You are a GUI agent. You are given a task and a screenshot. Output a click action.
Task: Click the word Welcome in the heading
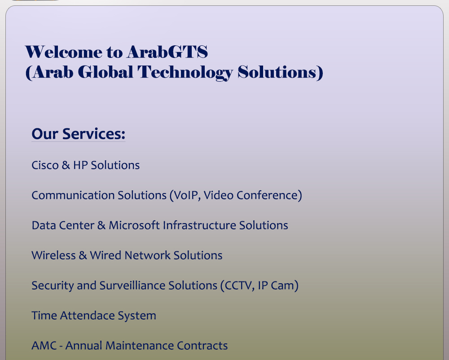tap(64, 52)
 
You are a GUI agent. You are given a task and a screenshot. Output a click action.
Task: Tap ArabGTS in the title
tap(167, 52)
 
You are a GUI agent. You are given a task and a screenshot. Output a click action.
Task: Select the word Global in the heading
tap(106, 72)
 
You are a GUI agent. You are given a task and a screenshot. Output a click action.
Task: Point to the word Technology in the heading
tap(185, 73)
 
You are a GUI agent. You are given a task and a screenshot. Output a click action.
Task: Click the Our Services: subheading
tap(79, 134)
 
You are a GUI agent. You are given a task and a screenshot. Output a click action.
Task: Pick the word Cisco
tap(45, 165)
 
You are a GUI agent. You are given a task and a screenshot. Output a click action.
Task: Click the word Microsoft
tap(134, 225)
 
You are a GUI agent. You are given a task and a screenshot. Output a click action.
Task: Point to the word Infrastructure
tap(200, 225)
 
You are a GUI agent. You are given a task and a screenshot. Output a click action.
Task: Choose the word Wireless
tap(53, 255)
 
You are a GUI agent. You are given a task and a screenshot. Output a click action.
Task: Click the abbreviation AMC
tap(44, 345)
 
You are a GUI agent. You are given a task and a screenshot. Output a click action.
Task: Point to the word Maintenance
tap(140, 345)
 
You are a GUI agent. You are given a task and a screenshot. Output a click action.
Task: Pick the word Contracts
tap(202, 345)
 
